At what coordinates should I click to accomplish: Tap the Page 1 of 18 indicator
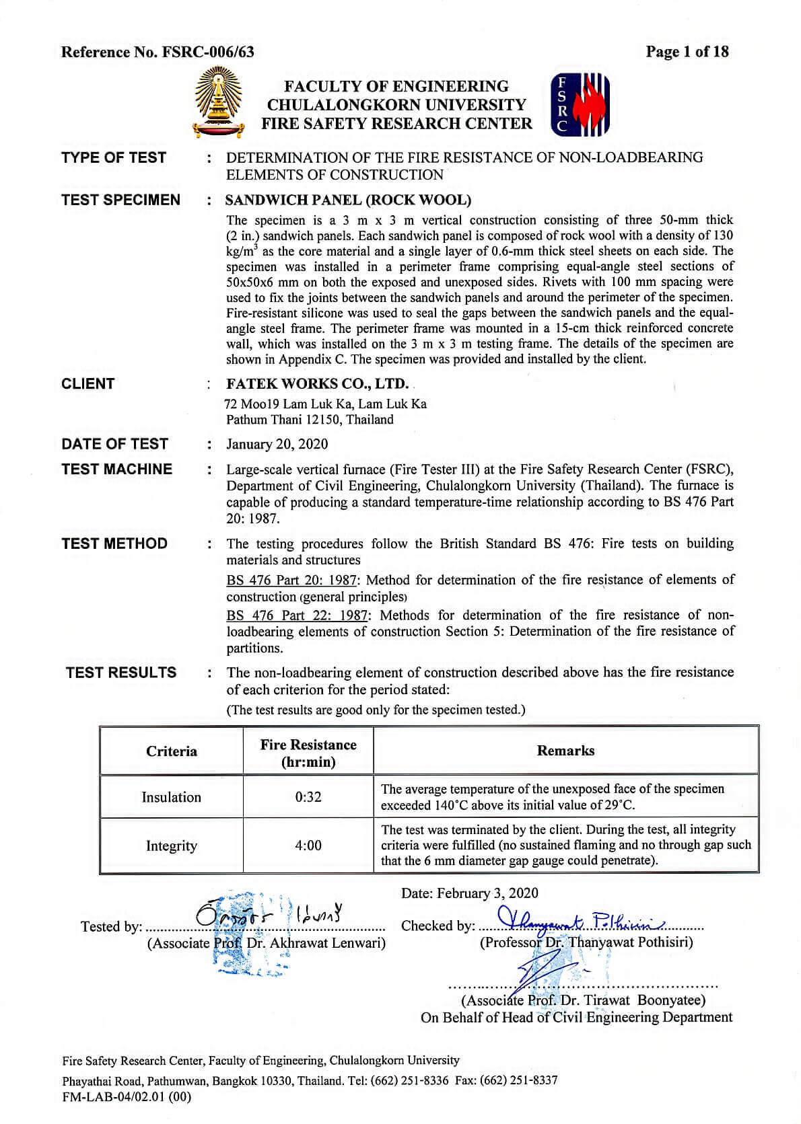pos(687,51)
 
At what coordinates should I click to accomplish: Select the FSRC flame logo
pos(580,104)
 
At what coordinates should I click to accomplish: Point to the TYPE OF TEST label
pos(114,157)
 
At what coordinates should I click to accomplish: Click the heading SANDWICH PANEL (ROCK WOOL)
pos(348,200)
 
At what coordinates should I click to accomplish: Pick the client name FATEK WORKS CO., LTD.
pos(317,383)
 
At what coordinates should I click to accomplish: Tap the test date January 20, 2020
pos(277,444)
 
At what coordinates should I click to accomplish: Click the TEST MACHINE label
pos(116,469)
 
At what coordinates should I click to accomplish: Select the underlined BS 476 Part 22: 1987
pos(297,615)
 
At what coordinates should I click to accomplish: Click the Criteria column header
pos(172,751)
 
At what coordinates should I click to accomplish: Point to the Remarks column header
pos(565,751)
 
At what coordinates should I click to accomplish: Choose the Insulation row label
pos(171,797)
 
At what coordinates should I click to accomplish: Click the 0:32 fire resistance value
pos(308,797)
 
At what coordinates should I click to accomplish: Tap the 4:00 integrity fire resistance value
pos(308,846)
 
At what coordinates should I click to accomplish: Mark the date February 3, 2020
pos(470,893)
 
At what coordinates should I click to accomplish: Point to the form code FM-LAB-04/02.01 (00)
pos(127,1097)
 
